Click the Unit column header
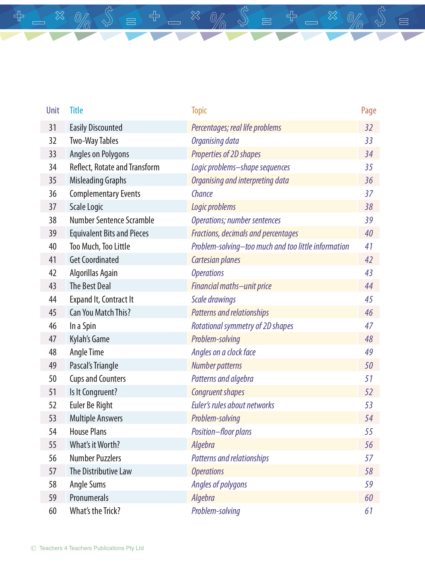[x=53, y=110]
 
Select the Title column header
[x=76, y=110]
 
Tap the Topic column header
[x=199, y=110]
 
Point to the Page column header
[x=368, y=110]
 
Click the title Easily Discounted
[x=96, y=128]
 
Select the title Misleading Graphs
[x=98, y=180]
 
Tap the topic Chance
[x=202, y=194]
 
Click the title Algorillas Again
[x=94, y=273]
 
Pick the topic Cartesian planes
[x=216, y=260]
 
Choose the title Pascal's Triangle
[x=94, y=366]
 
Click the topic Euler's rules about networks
[x=233, y=405]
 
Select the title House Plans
[x=88, y=432]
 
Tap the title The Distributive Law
[x=101, y=471]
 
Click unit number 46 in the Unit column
[x=53, y=326]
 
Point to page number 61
[x=368, y=511]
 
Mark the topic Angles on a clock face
[x=223, y=352]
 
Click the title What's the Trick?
[x=95, y=511]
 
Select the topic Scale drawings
[x=213, y=299]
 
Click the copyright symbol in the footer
[x=33, y=548]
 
